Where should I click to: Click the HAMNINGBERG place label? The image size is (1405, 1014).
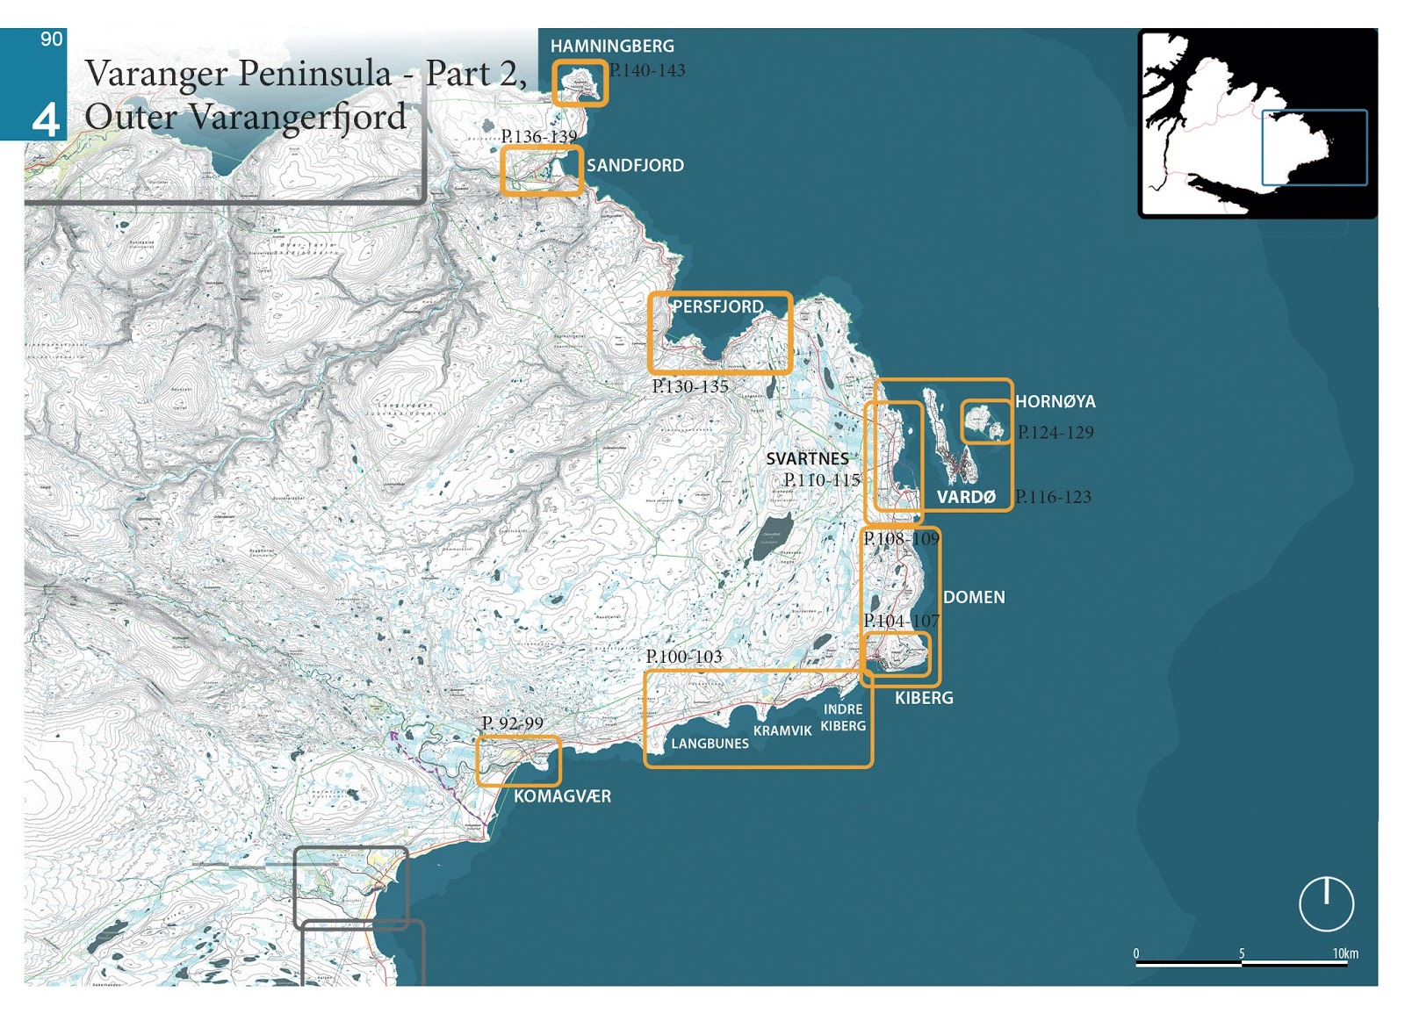click(x=612, y=46)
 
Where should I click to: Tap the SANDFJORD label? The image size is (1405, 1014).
click(x=635, y=165)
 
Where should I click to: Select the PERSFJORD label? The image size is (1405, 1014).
click(x=717, y=306)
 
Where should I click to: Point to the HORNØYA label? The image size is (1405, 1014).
click(x=1055, y=401)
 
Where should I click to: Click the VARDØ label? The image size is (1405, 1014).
click(x=966, y=497)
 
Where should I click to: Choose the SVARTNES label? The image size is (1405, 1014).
click(x=807, y=458)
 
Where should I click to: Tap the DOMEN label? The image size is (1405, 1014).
click(x=973, y=597)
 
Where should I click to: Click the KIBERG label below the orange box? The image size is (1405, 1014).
click(x=924, y=698)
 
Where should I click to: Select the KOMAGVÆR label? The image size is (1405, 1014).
click(x=562, y=796)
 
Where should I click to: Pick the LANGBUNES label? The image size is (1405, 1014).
click(x=710, y=744)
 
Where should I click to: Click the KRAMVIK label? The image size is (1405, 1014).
click(x=782, y=730)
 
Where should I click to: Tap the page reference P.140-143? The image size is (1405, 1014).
click(x=647, y=70)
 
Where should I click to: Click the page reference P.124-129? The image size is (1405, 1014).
click(x=1056, y=432)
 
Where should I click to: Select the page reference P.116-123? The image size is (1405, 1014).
click(x=1053, y=497)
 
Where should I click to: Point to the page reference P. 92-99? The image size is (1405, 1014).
click(x=513, y=723)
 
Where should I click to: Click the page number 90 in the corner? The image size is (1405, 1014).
click(x=51, y=39)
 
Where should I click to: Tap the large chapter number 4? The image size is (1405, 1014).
click(x=46, y=119)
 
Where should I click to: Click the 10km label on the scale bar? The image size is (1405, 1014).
click(x=1344, y=953)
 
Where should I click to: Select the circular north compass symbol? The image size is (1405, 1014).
click(x=1326, y=903)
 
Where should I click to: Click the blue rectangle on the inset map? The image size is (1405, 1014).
click(x=1314, y=147)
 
